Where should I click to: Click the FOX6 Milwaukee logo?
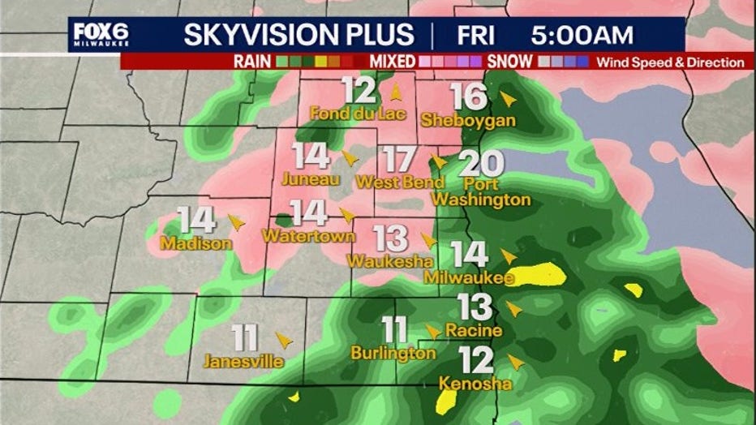101,35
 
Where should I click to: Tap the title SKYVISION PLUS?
299,35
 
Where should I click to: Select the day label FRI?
478,35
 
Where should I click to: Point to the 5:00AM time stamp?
582,35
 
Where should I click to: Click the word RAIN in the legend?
252,62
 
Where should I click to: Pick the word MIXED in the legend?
393,62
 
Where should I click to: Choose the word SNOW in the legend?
510,62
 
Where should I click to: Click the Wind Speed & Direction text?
670,62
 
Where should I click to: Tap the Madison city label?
196,243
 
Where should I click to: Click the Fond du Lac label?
357,114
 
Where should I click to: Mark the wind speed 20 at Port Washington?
480,165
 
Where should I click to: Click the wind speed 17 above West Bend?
399,160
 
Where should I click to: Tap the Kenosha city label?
475,383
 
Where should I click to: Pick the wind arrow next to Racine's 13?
513,309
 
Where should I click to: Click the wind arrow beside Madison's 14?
236,221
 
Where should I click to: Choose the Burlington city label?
393,353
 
